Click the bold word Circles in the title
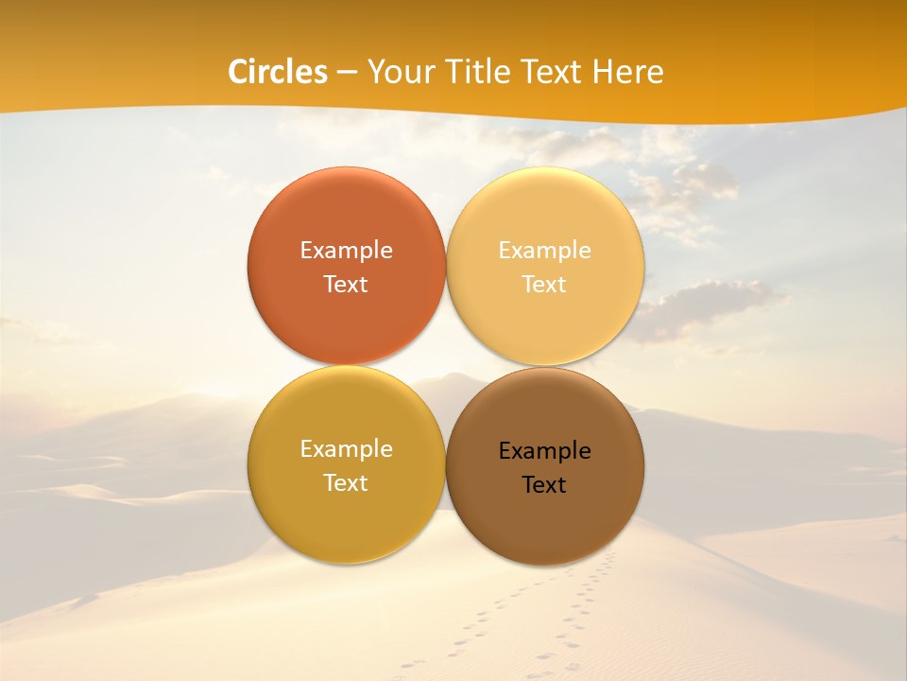tap(278, 72)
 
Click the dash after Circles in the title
tap(347, 72)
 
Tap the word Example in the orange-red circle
tap(346, 250)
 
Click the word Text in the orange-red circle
tap(346, 284)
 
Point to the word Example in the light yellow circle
tap(545, 250)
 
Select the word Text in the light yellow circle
tap(545, 284)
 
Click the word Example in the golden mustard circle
tap(346, 448)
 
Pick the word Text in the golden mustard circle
tap(346, 482)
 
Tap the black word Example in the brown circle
tap(545, 450)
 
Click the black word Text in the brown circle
tap(545, 484)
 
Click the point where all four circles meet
tap(446, 365)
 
